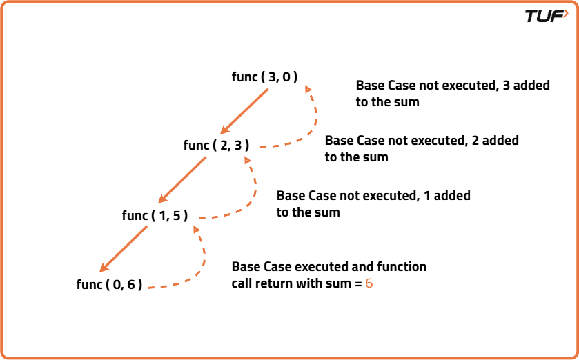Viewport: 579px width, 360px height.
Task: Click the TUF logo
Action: [x=545, y=16]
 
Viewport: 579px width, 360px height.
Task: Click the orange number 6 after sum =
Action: [x=369, y=283]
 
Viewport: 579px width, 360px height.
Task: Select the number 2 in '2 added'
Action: [x=475, y=140]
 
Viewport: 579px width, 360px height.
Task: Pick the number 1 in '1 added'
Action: [x=427, y=196]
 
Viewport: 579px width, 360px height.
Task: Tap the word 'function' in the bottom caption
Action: [x=402, y=266]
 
